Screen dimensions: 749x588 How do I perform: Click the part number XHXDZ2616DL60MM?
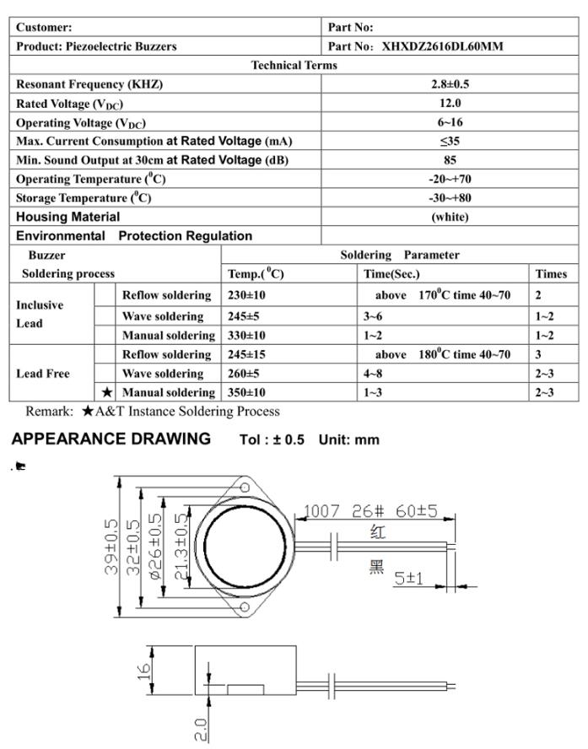point(443,46)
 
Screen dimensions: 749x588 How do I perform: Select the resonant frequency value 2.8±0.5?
point(450,84)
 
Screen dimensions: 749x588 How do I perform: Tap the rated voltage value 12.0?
point(450,103)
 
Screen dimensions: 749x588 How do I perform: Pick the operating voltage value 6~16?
point(450,122)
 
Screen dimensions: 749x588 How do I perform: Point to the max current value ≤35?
point(450,141)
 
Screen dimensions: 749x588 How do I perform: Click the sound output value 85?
point(450,159)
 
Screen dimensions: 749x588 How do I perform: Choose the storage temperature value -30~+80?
point(450,197)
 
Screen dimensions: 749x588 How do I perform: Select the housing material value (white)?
point(450,217)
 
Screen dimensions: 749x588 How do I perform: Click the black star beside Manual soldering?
point(107,392)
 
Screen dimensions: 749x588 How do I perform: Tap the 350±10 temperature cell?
point(247,392)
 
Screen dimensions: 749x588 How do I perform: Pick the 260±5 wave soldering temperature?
point(245,373)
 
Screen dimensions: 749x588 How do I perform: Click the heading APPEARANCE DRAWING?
point(111,439)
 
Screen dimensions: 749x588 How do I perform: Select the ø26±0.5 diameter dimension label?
point(154,546)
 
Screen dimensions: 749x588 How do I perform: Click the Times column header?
point(550,273)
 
